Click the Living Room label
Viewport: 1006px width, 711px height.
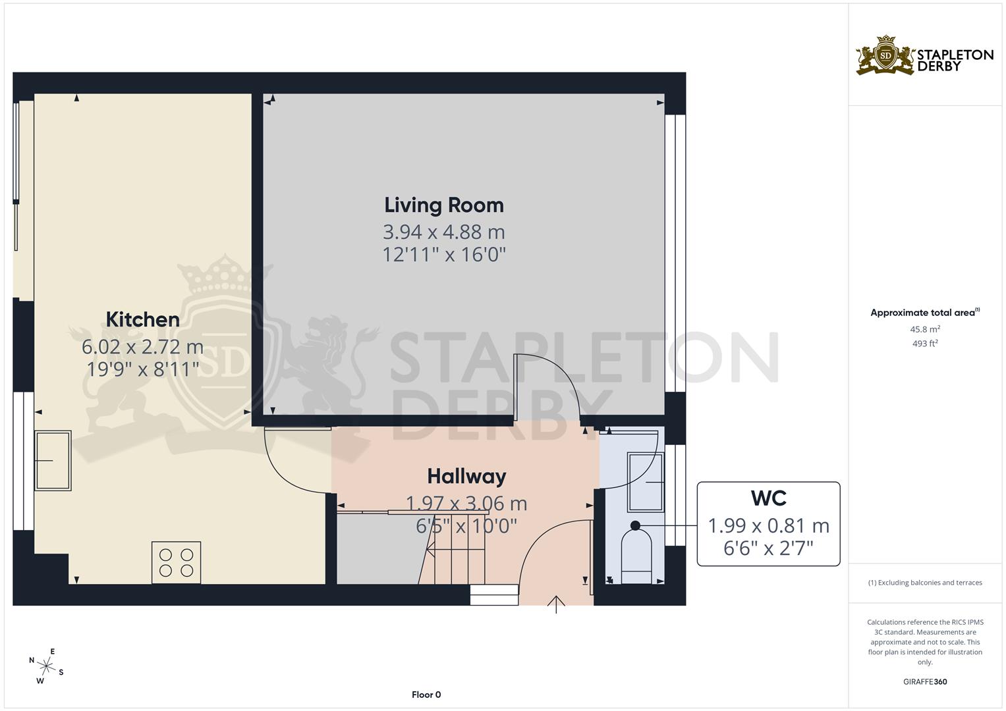pos(444,205)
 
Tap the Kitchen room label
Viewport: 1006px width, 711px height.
pos(142,319)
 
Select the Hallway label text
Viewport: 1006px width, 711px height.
pos(466,476)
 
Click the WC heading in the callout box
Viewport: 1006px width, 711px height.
pos(768,498)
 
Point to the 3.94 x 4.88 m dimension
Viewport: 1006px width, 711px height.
pos(444,232)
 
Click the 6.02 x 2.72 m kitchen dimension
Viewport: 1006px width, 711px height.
pos(142,346)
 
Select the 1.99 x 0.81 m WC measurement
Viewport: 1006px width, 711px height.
pos(768,525)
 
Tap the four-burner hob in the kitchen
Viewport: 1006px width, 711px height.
pos(176,562)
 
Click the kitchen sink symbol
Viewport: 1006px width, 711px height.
pos(53,460)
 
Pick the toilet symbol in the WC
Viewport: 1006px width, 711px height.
pos(636,556)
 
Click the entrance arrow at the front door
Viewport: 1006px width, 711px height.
pos(556,604)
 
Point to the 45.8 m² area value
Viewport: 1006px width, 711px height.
pos(925,329)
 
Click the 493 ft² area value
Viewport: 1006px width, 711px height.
pos(925,343)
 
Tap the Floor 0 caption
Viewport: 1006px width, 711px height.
pos(426,695)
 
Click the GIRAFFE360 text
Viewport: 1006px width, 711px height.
pos(925,681)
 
